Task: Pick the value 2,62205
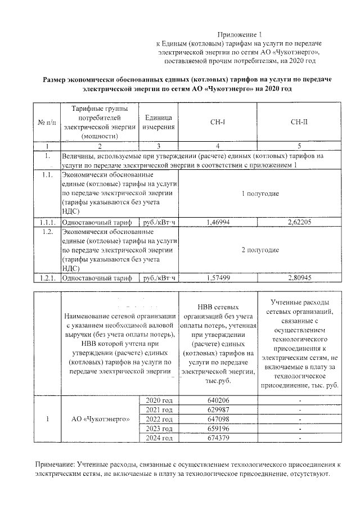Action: (x=299, y=222)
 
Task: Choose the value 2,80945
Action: (x=299, y=277)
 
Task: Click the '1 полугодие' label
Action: (x=260, y=193)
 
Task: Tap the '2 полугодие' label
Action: (x=260, y=250)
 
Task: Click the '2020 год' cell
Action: (x=159, y=399)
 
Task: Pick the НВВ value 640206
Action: (x=218, y=400)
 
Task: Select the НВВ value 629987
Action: (x=218, y=409)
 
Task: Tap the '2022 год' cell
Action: (x=159, y=419)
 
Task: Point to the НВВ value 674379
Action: (x=218, y=438)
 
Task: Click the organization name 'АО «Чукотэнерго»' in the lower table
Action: (x=100, y=419)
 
